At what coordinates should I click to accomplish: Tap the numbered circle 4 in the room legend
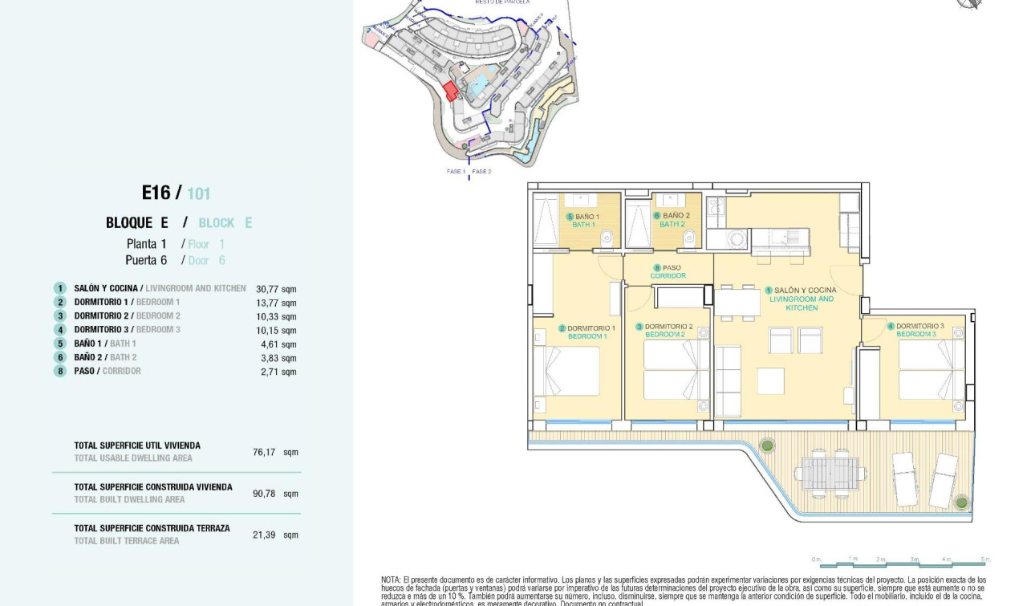pyautogui.click(x=59, y=330)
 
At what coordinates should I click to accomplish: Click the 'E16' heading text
pyautogui.click(x=156, y=193)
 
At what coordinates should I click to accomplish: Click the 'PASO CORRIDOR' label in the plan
pyautogui.click(x=668, y=272)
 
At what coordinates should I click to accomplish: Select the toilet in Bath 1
pyautogui.click(x=607, y=236)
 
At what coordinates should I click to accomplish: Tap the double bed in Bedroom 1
pyautogui.click(x=568, y=370)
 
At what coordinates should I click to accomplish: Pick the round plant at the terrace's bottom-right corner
pyautogui.click(x=961, y=503)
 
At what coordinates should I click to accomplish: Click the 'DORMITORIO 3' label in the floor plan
pyautogui.click(x=919, y=326)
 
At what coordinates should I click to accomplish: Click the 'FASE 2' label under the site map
pyautogui.click(x=481, y=171)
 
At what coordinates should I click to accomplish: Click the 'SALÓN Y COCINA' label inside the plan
pyautogui.click(x=805, y=290)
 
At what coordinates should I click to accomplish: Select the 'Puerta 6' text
pyautogui.click(x=146, y=260)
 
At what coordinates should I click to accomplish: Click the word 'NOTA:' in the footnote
pyautogui.click(x=391, y=580)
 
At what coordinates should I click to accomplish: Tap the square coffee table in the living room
pyautogui.click(x=770, y=380)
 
